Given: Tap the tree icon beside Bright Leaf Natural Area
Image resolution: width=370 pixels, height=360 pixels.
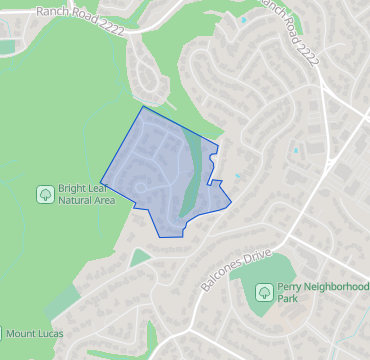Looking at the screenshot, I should pyautogui.click(x=45, y=194).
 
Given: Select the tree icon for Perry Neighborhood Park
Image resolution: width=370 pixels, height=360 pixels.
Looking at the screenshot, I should pyautogui.click(x=263, y=292).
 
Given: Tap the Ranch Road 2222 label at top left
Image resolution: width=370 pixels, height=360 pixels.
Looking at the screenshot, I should pyautogui.click(x=79, y=19).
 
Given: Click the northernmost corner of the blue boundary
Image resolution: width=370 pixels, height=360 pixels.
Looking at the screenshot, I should pyautogui.click(x=143, y=106).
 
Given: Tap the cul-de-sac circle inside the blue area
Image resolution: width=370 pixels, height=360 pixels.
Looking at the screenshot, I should pyautogui.click(x=142, y=188).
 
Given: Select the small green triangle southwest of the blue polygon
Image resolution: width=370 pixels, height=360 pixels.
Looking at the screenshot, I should pyautogui.click(x=140, y=257).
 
